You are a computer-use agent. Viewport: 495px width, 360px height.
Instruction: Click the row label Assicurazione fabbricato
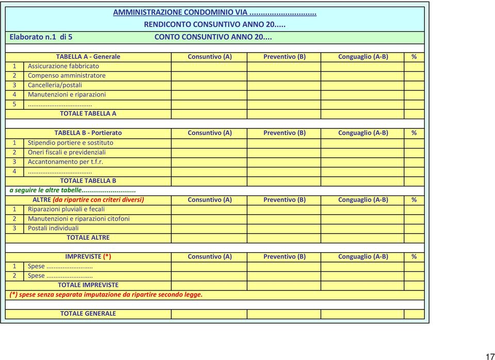pyautogui.click(x=63, y=66)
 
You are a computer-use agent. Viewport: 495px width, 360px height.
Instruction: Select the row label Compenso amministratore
pyautogui.click(x=67, y=75)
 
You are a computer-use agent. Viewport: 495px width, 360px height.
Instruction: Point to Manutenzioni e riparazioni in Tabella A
pyautogui.click(x=67, y=94)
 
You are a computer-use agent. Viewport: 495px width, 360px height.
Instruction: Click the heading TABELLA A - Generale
pyautogui.click(x=88, y=56)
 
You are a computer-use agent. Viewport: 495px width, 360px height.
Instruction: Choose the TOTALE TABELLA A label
pyautogui.click(x=88, y=113)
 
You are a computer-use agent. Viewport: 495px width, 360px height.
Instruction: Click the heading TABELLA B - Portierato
pyautogui.click(x=88, y=133)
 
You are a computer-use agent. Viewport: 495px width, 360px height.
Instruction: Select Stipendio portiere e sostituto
pyautogui.click(x=71, y=142)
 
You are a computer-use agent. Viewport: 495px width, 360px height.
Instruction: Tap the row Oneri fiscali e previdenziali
pyautogui.click(x=67, y=152)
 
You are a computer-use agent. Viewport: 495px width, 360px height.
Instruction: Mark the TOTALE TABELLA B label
pyautogui.click(x=88, y=181)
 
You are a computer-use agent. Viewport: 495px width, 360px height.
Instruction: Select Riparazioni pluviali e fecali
pyautogui.click(x=66, y=209)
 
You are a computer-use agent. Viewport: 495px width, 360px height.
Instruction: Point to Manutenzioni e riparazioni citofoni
pyautogui.click(x=78, y=219)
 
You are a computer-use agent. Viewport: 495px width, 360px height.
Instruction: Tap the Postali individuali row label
pyautogui.click(x=53, y=228)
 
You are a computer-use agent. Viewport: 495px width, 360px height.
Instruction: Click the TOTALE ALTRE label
pyautogui.click(x=88, y=237)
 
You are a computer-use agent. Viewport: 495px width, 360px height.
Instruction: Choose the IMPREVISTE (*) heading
pyautogui.click(x=88, y=256)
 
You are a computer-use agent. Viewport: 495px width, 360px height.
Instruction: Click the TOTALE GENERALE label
pyautogui.click(x=88, y=313)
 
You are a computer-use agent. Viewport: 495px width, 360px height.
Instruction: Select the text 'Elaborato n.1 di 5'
pyautogui.click(x=41, y=37)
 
